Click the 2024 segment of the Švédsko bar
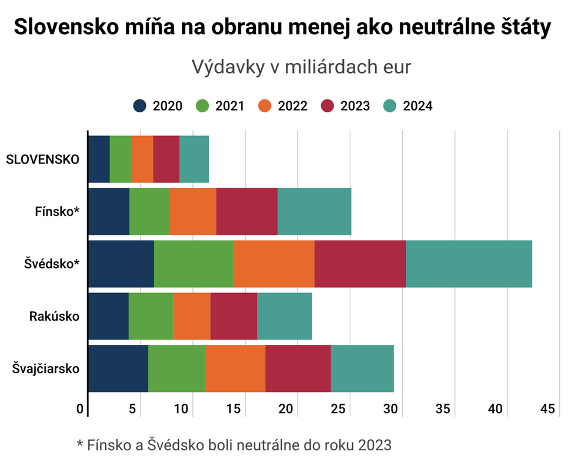469,264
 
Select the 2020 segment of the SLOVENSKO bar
98,159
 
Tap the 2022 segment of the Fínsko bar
193,211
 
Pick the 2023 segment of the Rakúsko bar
233,316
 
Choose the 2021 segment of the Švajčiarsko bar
176,368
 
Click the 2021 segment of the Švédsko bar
193,264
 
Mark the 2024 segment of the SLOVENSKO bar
194,159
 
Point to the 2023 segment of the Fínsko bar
247,211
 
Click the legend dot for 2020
140,106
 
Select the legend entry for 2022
282,106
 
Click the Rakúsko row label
54,317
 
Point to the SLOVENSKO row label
42,159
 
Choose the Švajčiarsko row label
46,369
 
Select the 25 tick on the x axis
339,409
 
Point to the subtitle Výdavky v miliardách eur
301,67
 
